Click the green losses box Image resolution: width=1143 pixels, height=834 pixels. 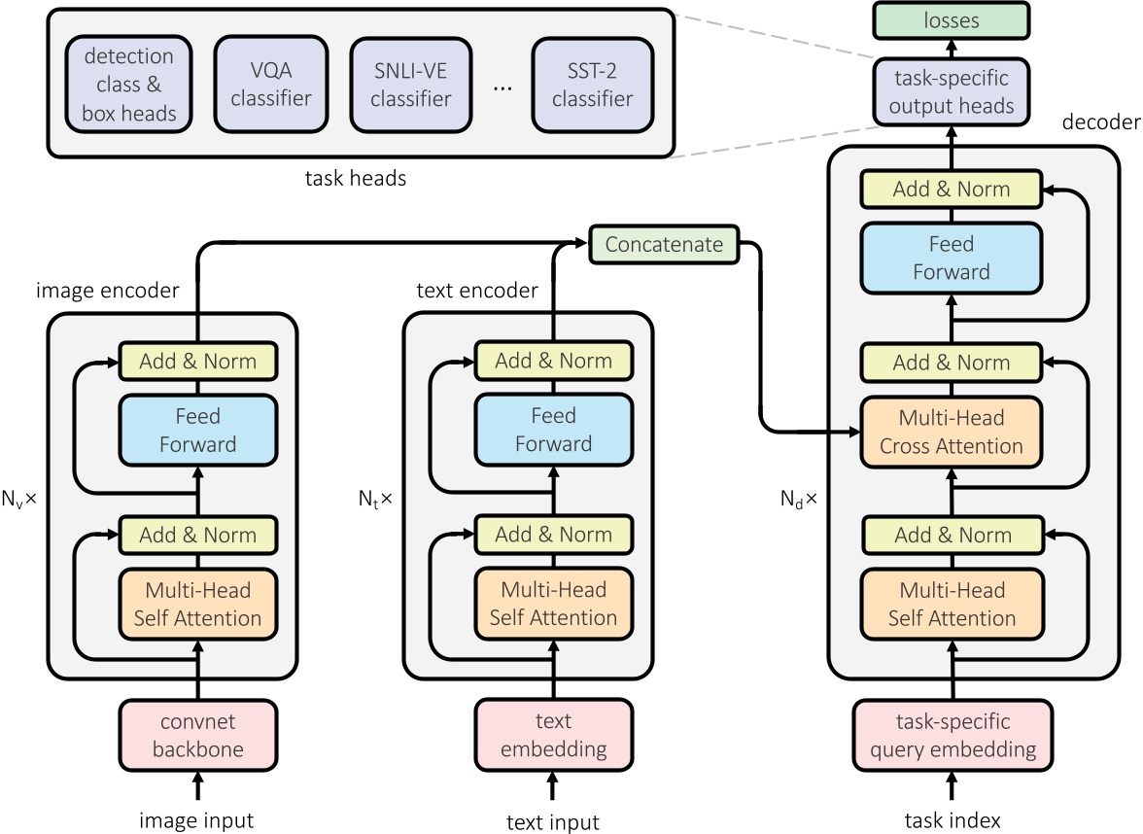(x=952, y=19)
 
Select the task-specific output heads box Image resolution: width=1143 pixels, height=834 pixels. (x=952, y=91)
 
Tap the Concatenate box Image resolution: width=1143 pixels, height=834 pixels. (x=664, y=245)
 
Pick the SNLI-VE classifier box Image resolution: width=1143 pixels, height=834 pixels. (x=411, y=85)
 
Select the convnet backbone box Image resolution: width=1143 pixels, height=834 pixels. (x=198, y=735)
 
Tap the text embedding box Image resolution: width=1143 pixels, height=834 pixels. (x=553, y=735)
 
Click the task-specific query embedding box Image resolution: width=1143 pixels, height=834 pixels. (x=952, y=735)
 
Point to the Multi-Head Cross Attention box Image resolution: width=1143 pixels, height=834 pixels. (x=952, y=432)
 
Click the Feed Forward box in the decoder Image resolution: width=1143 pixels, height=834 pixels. (x=952, y=259)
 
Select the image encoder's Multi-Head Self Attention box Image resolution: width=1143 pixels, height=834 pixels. (x=198, y=604)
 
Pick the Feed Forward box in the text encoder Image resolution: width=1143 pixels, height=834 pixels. (x=553, y=430)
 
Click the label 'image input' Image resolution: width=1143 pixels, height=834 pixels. (x=197, y=819)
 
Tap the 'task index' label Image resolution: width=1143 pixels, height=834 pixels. (x=951, y=819)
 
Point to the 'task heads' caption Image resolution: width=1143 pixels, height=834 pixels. (x=356, y=177)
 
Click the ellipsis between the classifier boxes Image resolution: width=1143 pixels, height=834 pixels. (x=502, y=87)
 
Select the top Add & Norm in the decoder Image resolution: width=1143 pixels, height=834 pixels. (x=952, y=189)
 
